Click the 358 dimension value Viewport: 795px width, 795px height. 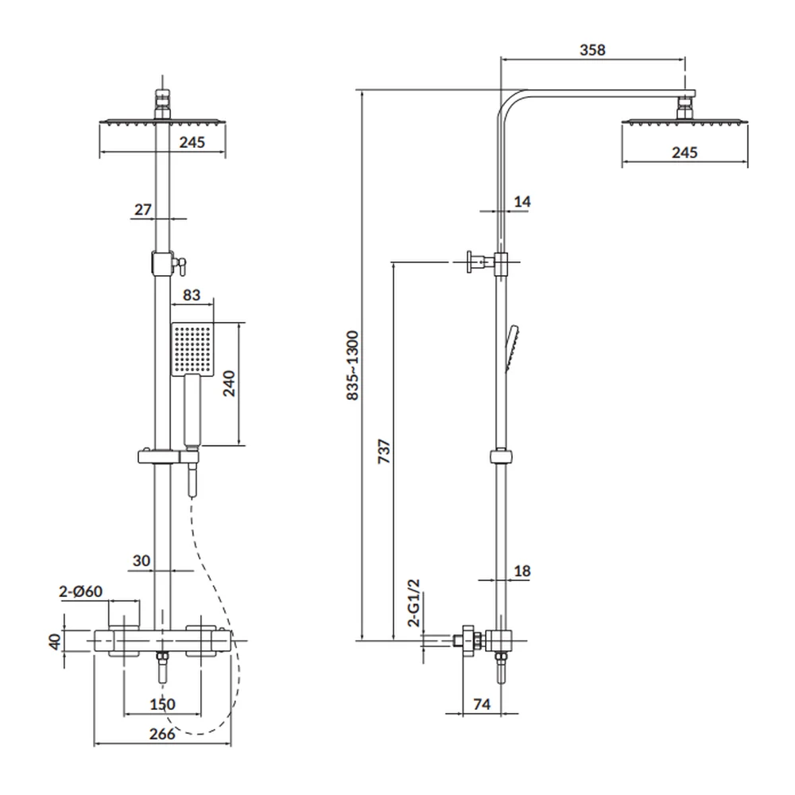(x=592, y=50)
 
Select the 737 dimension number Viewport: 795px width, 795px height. (x=382, y=452)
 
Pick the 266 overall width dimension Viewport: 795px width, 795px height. (x=161, y=734)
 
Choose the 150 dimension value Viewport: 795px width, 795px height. (x=161, y=704)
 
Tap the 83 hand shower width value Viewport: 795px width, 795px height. (x=192, y=294)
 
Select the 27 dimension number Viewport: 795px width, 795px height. (x=142, y=210)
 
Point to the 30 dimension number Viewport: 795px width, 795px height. (x=142, y=560)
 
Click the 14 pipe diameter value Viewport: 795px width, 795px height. (x=522, y=202)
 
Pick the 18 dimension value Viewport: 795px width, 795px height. (x=522, y=571)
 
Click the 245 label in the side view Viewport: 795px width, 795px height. (x=684, y=152)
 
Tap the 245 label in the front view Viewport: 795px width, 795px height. (x=192, y=142)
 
